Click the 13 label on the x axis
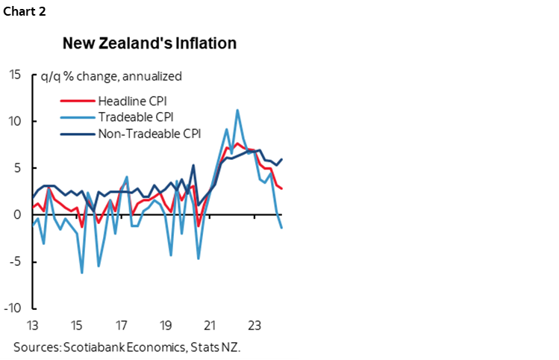(32, 326)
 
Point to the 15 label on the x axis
(76, 326)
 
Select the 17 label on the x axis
(121, 326)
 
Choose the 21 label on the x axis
(210, 326)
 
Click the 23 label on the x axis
(254, 326)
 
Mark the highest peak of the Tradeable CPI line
(237, 111)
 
